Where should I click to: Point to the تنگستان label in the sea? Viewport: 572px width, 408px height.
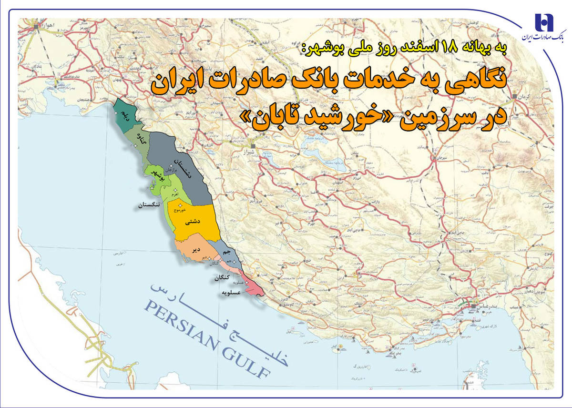(x=151, y=205)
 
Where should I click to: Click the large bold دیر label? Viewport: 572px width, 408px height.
(x=195, y=249)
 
